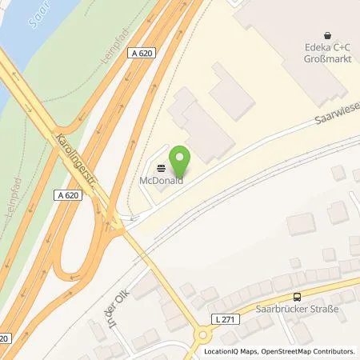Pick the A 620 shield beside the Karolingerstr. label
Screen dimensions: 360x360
pos(70,194)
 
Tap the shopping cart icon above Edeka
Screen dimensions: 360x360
pos(327,35)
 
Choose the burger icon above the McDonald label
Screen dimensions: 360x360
pos(162,169)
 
